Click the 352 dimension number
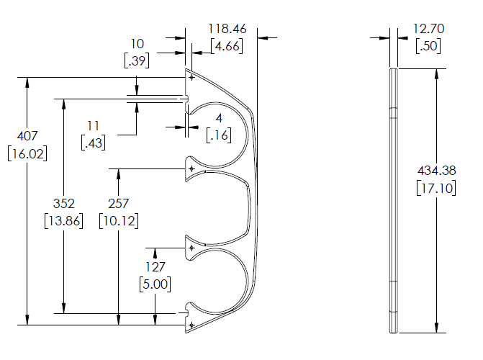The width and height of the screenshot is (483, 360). (x=63, y=204)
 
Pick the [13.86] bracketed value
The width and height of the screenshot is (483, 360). (x=63, y=220)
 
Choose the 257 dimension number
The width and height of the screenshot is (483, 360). (x=119, y=204)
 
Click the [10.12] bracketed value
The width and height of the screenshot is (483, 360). (x=119, y=220)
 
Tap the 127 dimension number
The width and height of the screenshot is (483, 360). (x=155, y=267)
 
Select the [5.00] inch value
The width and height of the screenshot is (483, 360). (x=155, y=284)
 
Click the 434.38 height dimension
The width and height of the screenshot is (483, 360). (x=437, y=171)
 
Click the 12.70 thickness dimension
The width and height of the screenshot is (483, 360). (x=428, y=30)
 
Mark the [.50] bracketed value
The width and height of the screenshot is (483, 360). (x=428, y=46)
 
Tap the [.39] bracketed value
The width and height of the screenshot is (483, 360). (x=137, y=60)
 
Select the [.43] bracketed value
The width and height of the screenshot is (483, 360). (x=94, y=143)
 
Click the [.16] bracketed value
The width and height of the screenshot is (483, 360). (x=218, y=135)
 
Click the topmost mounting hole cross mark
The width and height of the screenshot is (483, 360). (x=191, y=77)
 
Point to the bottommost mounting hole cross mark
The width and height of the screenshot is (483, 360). (x=191, y=325)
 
